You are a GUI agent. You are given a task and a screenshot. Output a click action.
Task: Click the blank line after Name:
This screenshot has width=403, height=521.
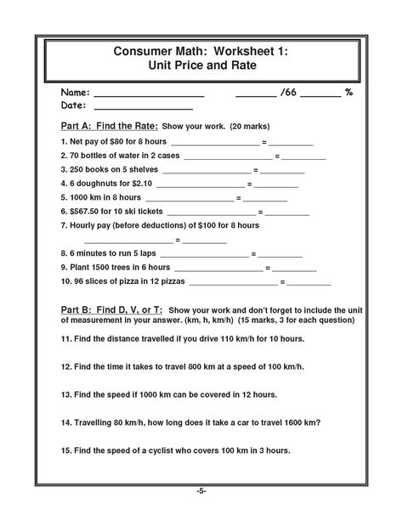(149, 94)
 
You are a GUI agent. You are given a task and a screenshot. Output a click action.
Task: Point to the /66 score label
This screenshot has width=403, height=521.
(288, 90)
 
